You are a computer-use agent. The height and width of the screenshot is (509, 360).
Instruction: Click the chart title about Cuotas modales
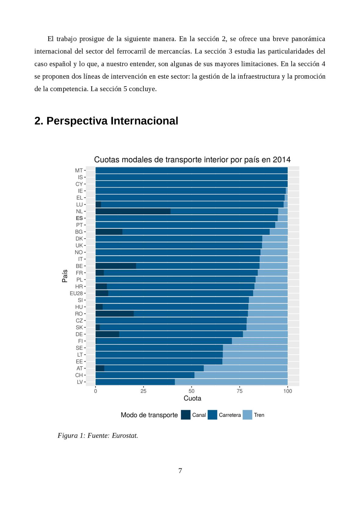click(x=192, y=160)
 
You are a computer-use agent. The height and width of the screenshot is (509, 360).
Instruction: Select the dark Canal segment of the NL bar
click(x=133, y=211)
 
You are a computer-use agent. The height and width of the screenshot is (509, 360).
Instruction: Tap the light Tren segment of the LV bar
click(x=231, y=382)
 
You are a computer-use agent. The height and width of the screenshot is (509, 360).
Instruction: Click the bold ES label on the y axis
click(x=79, y=218)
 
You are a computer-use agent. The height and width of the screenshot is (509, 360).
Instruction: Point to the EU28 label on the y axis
click(x=76, y=293)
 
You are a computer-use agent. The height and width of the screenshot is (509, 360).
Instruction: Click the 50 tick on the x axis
click(x=192, y=391)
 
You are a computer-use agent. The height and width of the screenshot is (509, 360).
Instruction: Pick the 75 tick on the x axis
click(x=239, y=391)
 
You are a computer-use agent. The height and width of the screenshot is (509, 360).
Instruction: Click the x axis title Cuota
click(x=192, y=398)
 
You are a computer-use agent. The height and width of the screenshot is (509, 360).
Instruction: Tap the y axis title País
click(x=65, y=276)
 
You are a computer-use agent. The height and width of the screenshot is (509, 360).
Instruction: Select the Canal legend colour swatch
click(x=185, y=415)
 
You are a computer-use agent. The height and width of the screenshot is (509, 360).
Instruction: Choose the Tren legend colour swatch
click(x=247, y=415)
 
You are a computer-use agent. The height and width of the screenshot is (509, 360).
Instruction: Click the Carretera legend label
click(x=230, y=415)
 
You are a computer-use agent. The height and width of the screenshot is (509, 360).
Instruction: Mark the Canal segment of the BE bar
click(x=116, y=266)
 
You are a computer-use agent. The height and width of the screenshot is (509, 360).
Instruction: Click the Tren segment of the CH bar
click(x=241, y=375)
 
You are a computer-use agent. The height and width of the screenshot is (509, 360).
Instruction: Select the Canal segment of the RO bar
click(x=114, y=314)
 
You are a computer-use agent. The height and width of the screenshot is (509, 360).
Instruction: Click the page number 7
click(x=180, y=471)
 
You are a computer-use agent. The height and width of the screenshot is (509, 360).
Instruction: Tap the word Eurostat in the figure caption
click(x=125, y=436)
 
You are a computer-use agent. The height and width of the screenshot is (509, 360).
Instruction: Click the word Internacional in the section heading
click(x=144, y=121)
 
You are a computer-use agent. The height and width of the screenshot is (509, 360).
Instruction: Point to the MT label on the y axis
click(x=79, y=170)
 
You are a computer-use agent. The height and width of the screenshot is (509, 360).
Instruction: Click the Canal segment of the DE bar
click(x=107, y=334)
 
